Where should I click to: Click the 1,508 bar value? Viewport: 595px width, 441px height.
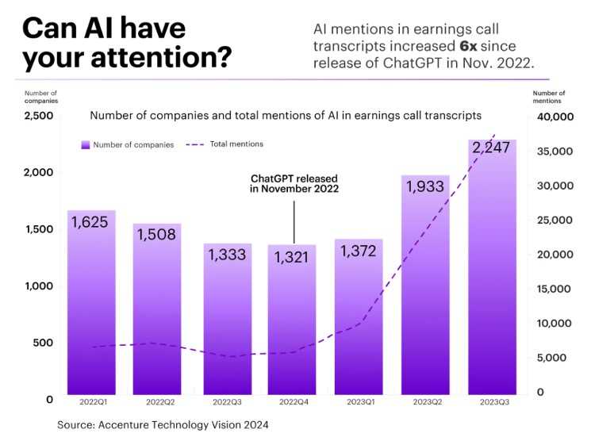point(157,236)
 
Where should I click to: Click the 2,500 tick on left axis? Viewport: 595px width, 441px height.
point(37,116)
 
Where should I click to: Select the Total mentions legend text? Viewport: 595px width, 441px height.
point(236,144)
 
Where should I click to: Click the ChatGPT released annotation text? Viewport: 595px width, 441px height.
point(294,184)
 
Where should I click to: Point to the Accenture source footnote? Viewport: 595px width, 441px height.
point(163,425)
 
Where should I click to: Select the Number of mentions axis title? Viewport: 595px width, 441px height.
point(549,97)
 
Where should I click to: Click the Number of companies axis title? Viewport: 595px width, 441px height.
point(42,97)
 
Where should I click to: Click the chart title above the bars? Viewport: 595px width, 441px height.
point(286,115)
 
